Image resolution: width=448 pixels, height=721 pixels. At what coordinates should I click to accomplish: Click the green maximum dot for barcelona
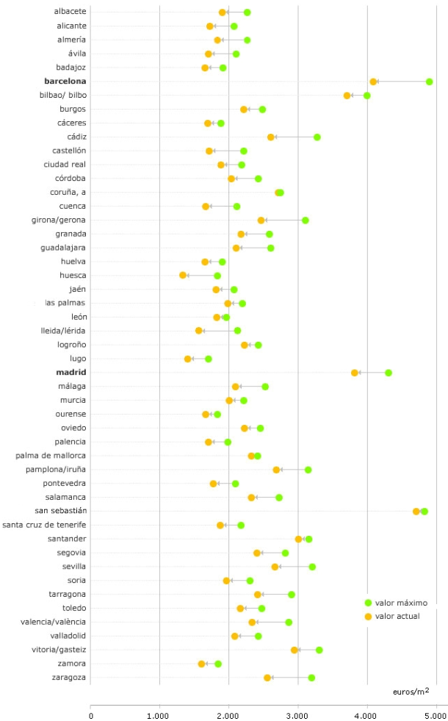(x=430, y=82)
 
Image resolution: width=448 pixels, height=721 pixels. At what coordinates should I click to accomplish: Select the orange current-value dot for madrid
(x=355, y=373)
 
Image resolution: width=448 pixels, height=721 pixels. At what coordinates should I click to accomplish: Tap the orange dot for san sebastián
(x=416, y=512)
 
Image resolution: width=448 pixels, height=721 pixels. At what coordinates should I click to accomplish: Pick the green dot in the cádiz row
(x=317, y=137)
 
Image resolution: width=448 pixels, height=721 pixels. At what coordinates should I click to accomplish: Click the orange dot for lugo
(x=188, y=359)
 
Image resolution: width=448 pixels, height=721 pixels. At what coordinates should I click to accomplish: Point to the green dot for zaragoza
(x=311, y=678)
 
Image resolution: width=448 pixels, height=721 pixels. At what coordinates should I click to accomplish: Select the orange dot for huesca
(x=183, y=276)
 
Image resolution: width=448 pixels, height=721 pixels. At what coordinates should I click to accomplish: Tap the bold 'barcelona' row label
(x=65, y=82)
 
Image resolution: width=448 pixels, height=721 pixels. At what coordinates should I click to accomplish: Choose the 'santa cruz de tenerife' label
(x=44, y=525)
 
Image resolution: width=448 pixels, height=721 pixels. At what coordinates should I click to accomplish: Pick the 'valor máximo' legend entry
(x=397, y=603)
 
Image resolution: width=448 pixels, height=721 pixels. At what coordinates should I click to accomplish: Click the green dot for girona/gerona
(x=306, y=220)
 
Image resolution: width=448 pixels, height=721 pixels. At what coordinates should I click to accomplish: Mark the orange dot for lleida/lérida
(x=199, y=331)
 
